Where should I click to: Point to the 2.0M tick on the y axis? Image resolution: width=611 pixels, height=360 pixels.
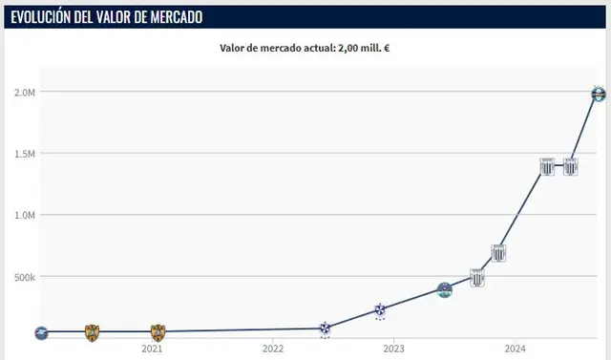pos(24,93)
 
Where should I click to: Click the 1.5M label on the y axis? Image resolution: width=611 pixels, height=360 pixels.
pos(24,154)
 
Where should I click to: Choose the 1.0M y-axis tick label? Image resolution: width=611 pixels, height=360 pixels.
pos(24,216)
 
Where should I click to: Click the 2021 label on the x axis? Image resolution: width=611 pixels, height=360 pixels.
pos(152,349)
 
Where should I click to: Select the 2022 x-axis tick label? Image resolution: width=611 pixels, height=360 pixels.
pos(272,349)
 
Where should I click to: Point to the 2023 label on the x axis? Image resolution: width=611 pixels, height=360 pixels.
pos(393,349)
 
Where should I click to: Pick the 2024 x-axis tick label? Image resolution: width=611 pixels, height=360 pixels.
pos(514,349)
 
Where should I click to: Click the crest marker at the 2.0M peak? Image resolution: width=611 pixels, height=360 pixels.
pos(599,94)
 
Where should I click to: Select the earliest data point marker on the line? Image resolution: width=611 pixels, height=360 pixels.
pos(40,333)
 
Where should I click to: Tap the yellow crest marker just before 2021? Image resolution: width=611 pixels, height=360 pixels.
pos(92,332)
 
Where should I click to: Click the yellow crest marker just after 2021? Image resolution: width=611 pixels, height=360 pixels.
pos(158,332)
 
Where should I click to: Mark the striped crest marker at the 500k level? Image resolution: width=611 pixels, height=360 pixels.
pos(476,278)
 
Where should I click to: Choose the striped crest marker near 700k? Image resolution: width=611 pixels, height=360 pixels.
pos(498,253)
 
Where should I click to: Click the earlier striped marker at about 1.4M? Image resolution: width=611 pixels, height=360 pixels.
pos(547,166)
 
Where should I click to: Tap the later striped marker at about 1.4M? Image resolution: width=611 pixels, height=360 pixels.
pos(570,166)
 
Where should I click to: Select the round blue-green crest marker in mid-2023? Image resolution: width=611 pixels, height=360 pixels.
pos(445,289)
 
